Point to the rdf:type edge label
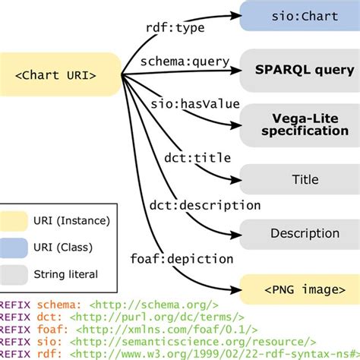[174, 27]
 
